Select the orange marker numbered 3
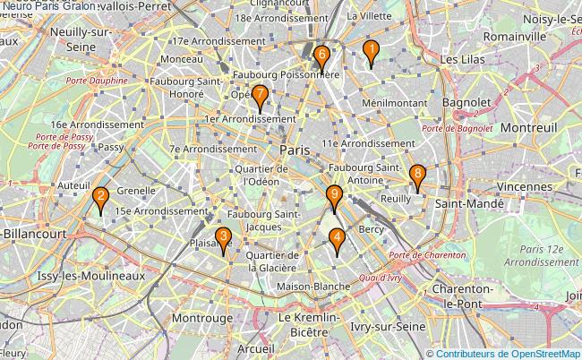[223, 239]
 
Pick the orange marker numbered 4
[337, 240]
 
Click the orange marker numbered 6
[321, 56]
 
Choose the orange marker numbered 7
[260, 96]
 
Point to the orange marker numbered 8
[416, 176]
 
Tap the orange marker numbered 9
[334, 196]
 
